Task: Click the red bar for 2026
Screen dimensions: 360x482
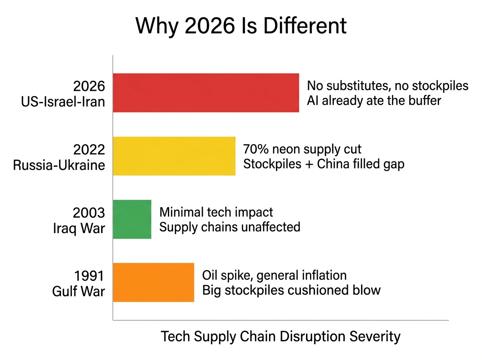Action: pyautogui.click(x=206, y=93)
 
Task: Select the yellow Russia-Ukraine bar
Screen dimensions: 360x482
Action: pyautogui.click(x=174, y=156)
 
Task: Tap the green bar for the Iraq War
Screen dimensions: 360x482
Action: pyautogui.click(x=132, y=219)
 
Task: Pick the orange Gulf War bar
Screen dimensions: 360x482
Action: pyautogui.click(x=153, y=282)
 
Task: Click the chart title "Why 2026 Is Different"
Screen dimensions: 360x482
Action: pyautogui.click(x=241, y=26)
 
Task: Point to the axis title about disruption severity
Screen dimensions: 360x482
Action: pyautogui.click(x=280, y=336)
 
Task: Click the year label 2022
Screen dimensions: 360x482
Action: pyautogui.click(x=89, y=150)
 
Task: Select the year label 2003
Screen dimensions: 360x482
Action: pyautogui.click(x=89, y=213)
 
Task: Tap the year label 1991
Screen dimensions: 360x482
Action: pyautogui.click(x=89, y=276)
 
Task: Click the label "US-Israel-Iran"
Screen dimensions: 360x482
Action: pyautogui.click(x=63, y=101)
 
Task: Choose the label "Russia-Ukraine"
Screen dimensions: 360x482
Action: pyautogui.click(x=59, y=165)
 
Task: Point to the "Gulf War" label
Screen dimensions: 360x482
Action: pyautogui.click(x=78, y=291)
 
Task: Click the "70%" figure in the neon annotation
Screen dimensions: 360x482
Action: pyautogui.click(x=256, y=149)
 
